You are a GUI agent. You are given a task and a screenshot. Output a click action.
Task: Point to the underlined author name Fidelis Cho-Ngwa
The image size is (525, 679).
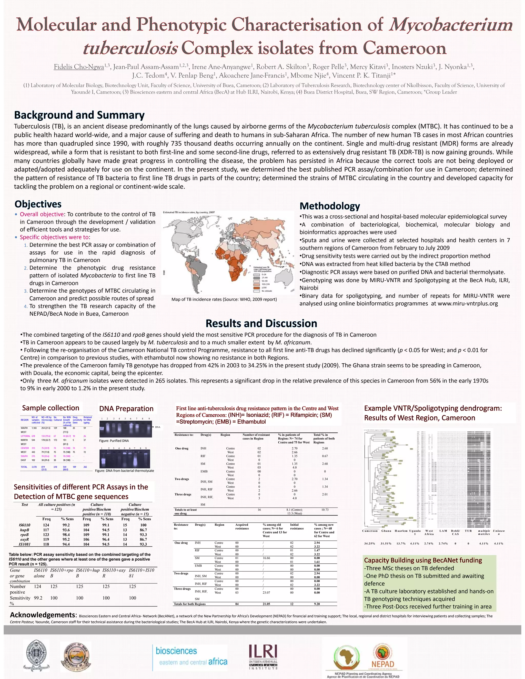pyautogui.click(x=79, y=67)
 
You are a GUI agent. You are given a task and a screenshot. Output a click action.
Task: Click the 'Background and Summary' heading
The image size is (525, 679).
pyautogui.click(x=79, y=115)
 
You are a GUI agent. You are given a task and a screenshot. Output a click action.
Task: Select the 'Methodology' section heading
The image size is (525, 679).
pyautogui.click(x=330, y=206)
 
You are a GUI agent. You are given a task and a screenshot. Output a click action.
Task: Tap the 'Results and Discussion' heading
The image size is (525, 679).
pyautogui.click(x=261, y=323)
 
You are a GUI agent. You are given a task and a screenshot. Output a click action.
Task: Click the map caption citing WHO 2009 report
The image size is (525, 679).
pyautogui.click(x=224, y=299)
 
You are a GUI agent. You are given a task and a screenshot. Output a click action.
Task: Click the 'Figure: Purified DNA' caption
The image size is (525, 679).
pyautogui.click(x=114, y=440)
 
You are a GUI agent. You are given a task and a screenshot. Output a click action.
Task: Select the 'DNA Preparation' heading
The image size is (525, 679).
pyautogui.click(x=126, y=408)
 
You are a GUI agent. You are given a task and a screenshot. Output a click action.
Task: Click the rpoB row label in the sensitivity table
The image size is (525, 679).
pyautogui.click(x=24, y=535)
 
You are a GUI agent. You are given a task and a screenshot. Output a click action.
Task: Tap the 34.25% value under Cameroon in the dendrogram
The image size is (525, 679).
pyautogui.click(x=369, y=543)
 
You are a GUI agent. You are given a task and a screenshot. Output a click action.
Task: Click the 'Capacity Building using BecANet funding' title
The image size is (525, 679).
pyautogui.click(x=423, y=560)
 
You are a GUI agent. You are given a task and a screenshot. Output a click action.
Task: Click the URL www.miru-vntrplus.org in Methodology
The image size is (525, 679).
pyautogui.click(x=468, y=303)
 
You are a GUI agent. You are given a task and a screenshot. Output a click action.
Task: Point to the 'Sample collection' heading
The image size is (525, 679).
pyautogui.click(x=51, y=408)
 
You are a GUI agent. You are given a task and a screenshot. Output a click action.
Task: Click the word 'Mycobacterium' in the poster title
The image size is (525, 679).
pyautogui.click(x=450, y=25)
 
